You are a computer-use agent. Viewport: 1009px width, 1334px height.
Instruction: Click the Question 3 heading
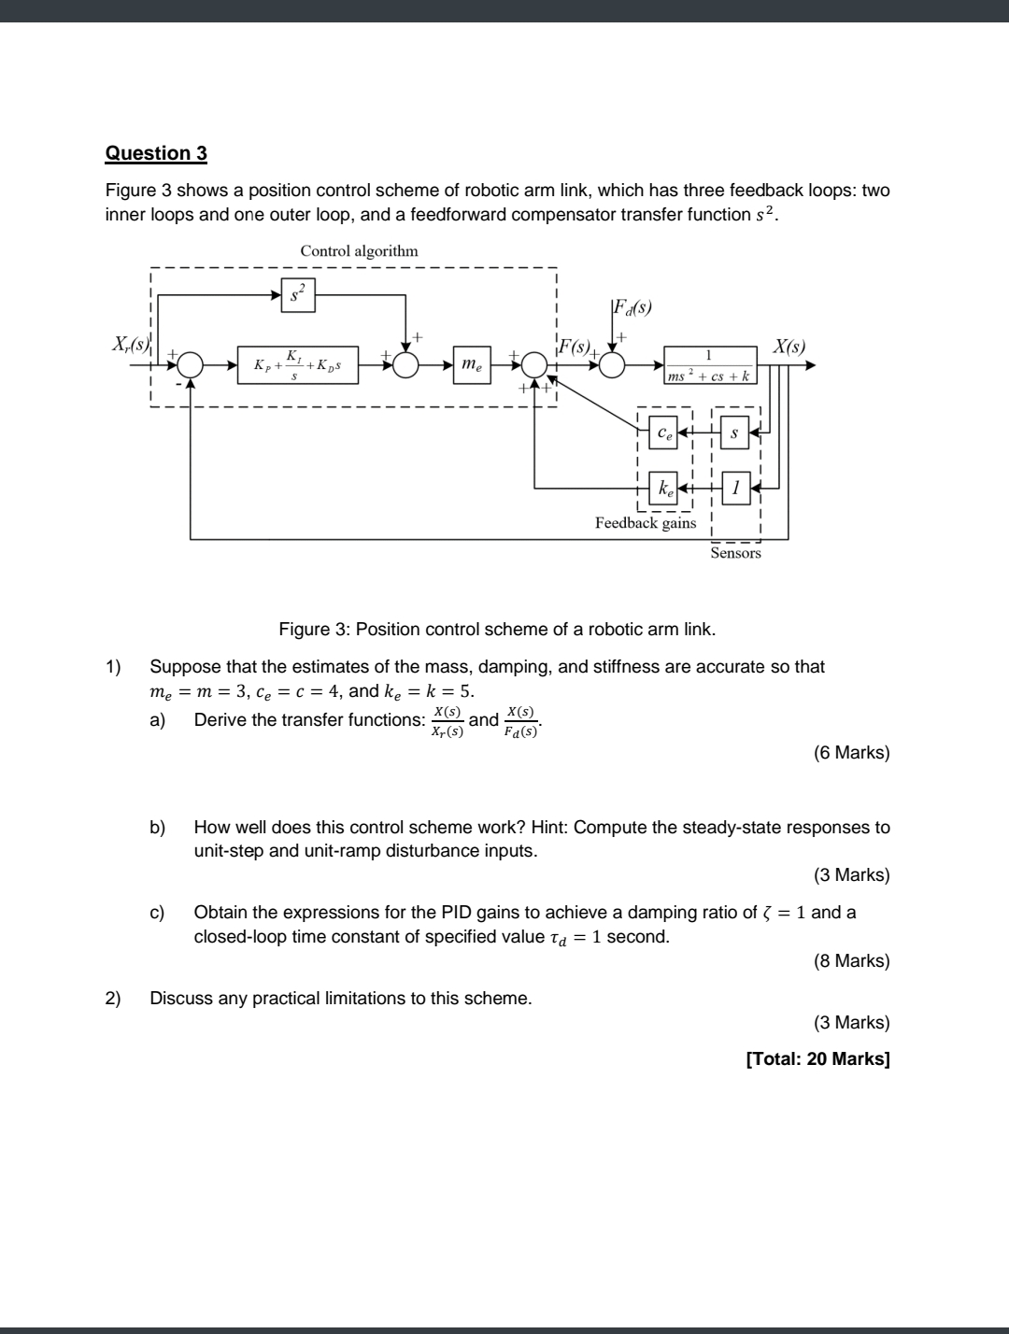tap(156, 153)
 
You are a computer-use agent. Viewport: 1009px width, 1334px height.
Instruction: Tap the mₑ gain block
tap(472, 364)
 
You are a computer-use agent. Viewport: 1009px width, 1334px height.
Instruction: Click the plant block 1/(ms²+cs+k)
tap(709, 365)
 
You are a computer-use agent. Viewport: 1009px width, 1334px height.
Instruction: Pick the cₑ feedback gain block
tap(663, 433)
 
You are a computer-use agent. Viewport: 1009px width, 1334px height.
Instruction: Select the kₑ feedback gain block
tap(663, 488)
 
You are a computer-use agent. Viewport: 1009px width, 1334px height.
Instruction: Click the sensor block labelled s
tap(735, 433)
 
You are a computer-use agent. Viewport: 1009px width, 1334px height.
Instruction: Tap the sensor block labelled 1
tap(735, 488)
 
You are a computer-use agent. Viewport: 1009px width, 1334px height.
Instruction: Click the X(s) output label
tap(789, 346)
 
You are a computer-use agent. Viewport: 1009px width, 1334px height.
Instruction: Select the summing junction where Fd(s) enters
tap(612, 365)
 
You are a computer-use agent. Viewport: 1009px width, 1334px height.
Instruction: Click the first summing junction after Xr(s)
tap(191, 365)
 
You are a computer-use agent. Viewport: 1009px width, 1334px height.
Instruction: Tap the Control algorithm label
tap(359, 250)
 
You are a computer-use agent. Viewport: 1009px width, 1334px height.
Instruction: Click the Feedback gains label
tap(646, 523)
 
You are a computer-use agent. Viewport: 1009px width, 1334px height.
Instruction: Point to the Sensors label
tap(735, 553)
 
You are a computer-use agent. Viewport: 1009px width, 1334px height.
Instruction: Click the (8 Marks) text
tap(851, 960)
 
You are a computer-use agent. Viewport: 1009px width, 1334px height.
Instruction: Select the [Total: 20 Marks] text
tap(817, 1058)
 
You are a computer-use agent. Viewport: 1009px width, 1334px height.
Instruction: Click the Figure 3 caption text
tap(497, 629)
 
